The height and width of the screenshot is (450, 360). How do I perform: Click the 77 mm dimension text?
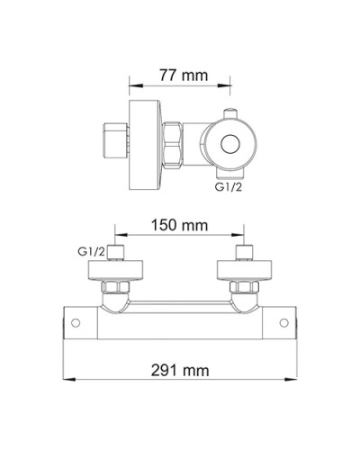click(179, 76)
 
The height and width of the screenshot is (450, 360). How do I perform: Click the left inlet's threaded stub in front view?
click(116, 253)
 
